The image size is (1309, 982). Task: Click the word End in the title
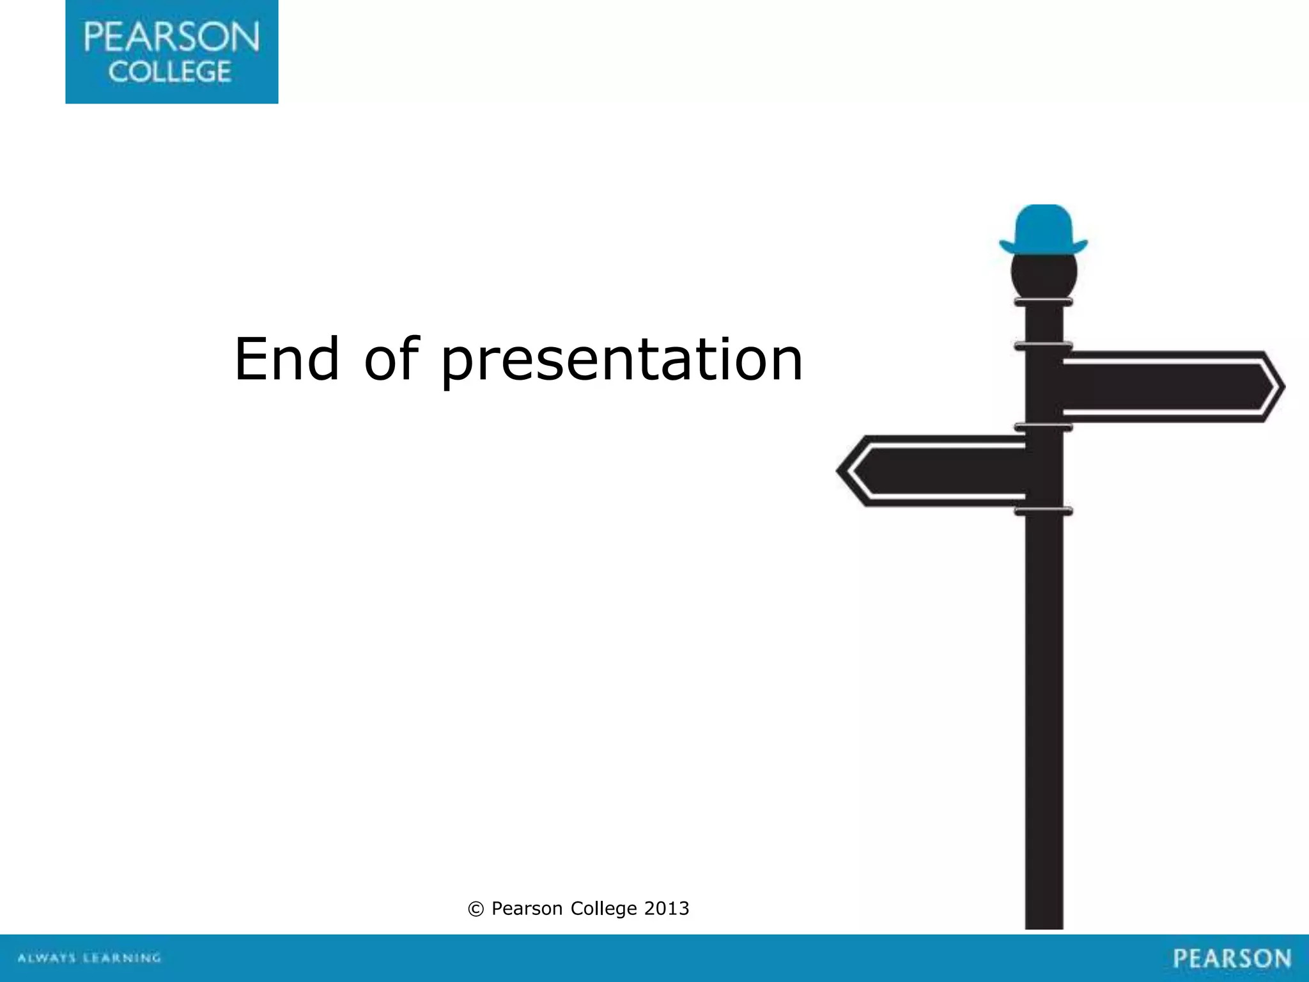(286, 359)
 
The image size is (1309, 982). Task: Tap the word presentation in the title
(621, 362)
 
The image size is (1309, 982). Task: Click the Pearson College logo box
(171, 51)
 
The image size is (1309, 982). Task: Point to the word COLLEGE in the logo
(169, 72)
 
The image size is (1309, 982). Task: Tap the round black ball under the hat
(1044, 272)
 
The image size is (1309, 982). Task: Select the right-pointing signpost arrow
(1170, 387)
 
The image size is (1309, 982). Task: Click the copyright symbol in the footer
(476, 909)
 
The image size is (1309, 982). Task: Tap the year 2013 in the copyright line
(667, 908)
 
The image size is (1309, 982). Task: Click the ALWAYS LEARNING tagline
(89, 958)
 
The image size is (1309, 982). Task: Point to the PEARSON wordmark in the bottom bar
(1232, 958)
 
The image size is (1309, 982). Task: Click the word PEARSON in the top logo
(171, 37)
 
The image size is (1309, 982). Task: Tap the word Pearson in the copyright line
(527, 908)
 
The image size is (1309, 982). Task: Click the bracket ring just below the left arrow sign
(1043, 511)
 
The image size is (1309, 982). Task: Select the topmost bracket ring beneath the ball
(1043, 302)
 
